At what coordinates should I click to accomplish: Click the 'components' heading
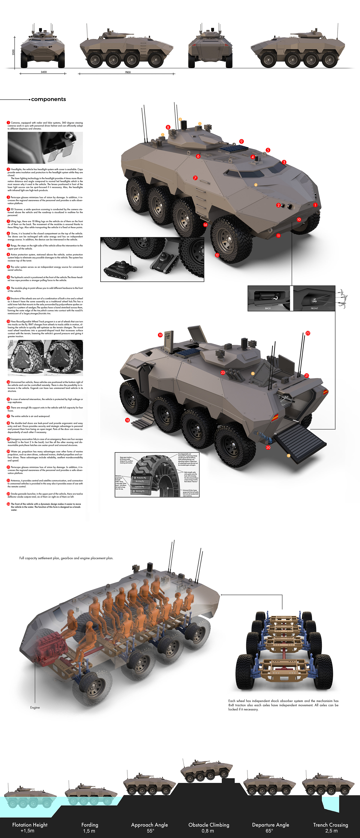[48, 99]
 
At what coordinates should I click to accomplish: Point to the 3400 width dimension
[43, 72]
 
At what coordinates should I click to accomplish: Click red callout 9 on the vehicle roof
[241, 141]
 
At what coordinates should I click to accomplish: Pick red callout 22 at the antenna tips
[308, 333]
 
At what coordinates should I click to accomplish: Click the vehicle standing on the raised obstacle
[206, 771]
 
